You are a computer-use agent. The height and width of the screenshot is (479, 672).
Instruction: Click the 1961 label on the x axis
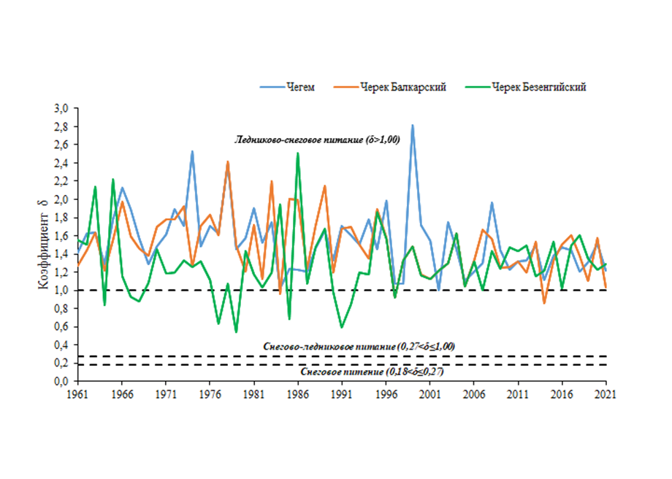pyautogui.click(x=77, y=393)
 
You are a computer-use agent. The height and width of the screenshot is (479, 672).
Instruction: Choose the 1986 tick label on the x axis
pyautogui.click(x=297, y=393)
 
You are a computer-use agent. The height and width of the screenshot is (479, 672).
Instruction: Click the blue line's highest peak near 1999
pyautogui.click(x=413, y=125)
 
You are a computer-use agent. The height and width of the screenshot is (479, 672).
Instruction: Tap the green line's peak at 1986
pyautogui.click(x=298, y=153)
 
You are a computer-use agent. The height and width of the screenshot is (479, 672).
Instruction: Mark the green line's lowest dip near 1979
pyautogui.click(x=236, y=332)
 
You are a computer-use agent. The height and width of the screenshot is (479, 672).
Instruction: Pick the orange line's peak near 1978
pyautogui.click(x=228, y=161)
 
